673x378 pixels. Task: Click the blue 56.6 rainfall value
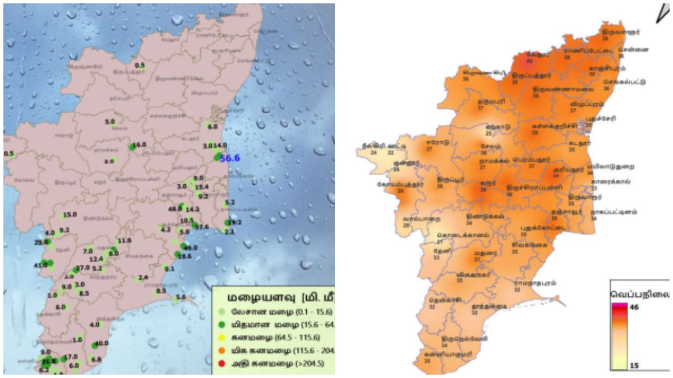(x=230, y=158)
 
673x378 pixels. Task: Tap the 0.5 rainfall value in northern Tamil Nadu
(x=140, y=66)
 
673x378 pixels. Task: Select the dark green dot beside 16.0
(x=132, y=147)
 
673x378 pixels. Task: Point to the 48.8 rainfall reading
(x=174, y=208)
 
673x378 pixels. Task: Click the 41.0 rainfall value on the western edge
(x=40, y=264)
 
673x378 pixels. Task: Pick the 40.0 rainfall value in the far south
(x=102, y=343)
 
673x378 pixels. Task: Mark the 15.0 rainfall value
(x=70, y=215)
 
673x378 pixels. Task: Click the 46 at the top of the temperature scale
(x=634, y=307)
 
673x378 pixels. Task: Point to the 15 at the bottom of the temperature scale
(x=634, y=365)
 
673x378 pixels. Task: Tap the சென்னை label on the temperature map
(x=633, y=49)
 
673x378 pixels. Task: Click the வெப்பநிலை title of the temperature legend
(x=639, y=293)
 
